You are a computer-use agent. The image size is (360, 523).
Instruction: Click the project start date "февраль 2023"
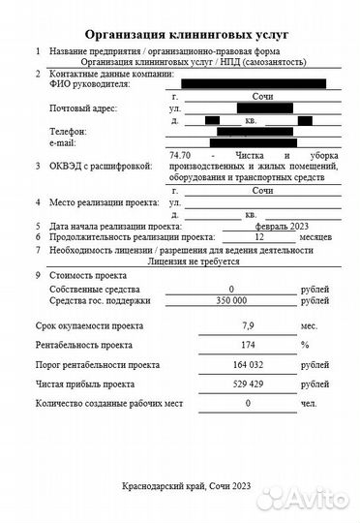coord(258,225)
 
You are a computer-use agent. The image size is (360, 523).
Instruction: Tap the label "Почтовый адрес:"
coord(82,108)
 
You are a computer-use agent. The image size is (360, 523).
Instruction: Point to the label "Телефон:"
coord(68,132)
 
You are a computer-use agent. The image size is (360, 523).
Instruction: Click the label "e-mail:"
coord(66,142)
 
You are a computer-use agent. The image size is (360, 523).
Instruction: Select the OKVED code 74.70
coord(180,155)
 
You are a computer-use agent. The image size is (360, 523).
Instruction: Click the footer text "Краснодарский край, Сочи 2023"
coord(180,485)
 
